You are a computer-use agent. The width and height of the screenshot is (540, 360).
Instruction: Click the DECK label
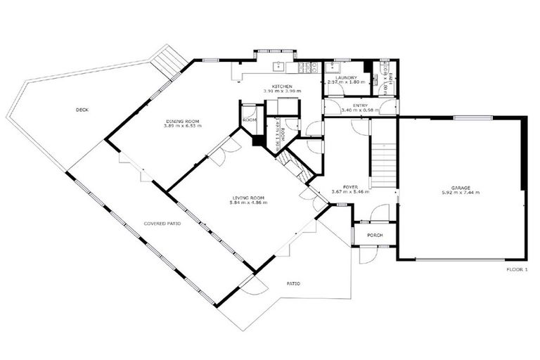point(84,110)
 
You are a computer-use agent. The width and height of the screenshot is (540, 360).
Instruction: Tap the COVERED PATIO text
point(162,223)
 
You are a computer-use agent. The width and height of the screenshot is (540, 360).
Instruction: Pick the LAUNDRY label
point(347,79)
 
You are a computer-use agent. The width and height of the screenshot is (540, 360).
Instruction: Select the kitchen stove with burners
point(306,67)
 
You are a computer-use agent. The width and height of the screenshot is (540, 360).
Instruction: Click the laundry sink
point(333,67)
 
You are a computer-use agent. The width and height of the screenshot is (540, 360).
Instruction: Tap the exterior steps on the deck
point(168,61)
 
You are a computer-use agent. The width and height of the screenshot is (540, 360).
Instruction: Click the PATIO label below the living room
point(293,283)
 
